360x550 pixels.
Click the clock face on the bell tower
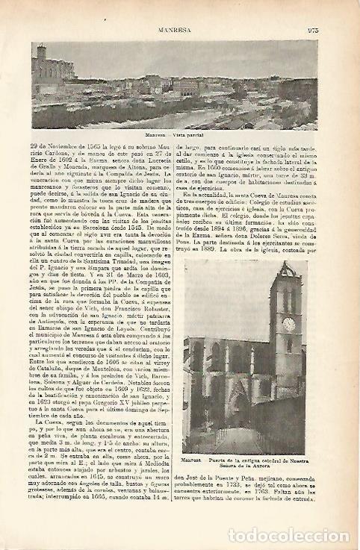click(289, 323)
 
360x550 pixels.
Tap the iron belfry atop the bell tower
click(286, 269)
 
